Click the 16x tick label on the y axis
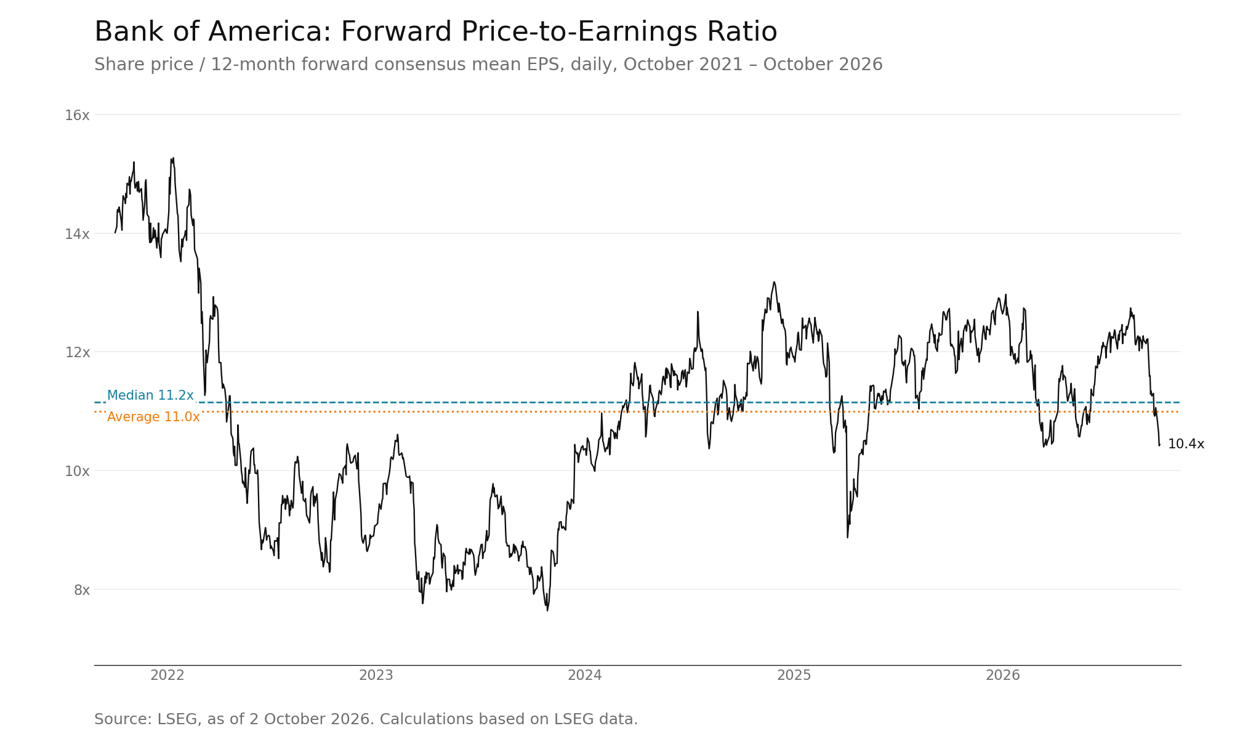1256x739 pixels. pyautogui.click(x=77, y=115)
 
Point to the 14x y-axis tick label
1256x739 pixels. pyautogui.click(x=77, y=234)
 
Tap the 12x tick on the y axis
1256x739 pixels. pyautogui.click(x=77, y=352)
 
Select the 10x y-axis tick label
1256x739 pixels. pyautogui.click(x=77, y=471)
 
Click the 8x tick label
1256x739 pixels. pyautogui.click(x=82, y=590)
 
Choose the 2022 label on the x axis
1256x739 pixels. pyautogui.click(x=167, y=676)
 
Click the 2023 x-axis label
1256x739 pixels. pyautogui.click(x=376, y=676)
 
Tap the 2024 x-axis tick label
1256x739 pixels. pyautogui.click(x=585, y=676)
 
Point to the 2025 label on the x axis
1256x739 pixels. pyautogui.click(x=794, y=676)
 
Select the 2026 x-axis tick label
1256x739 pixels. pyautogui.click(x=1003, y=676)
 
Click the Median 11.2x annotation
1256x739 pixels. pyautogui.click(x=150, y=395)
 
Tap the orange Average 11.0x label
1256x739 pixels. pyautogui.click(x=153, y=417)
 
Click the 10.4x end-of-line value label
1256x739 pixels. pyautogui.click(x=1186, y=444)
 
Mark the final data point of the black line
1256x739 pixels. pyautogui.click(x=1159, y=445)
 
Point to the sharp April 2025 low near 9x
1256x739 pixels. pyautogui.click(x=847, y=538)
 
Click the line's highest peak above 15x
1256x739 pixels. pyautogui.click(x=173, y=158)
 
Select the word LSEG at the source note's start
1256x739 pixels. pyautogui.click(x=177, y=719)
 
